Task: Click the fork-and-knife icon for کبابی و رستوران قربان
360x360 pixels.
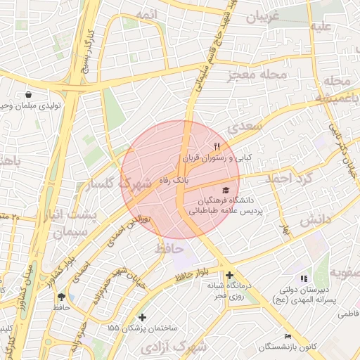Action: (217, 146)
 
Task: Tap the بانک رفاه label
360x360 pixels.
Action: (191, 181)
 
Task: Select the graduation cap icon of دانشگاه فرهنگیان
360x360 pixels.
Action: (225, 190)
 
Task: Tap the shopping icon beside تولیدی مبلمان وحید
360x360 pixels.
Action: (27, 94)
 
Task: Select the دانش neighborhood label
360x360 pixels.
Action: (315, 220)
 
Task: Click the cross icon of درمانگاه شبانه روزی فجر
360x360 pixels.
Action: (229, 275)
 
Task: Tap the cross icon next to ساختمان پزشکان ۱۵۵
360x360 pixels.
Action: (143, 318)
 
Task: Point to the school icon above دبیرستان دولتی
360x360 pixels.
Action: (304, 279)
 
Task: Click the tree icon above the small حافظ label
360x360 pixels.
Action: (62, 297)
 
